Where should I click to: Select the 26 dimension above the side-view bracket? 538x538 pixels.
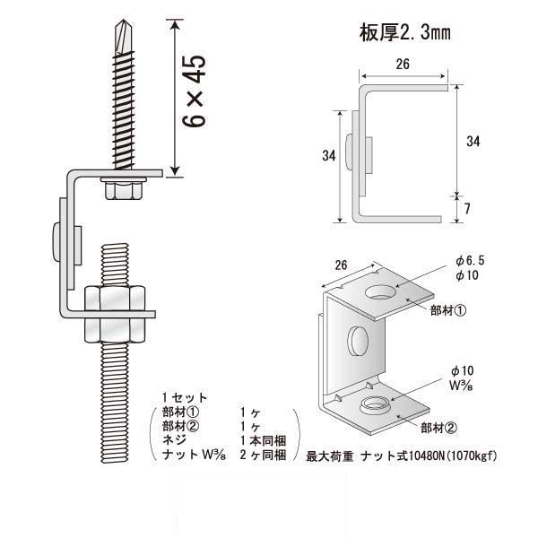pos(402,64)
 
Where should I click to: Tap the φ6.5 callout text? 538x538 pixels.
pos(472,261)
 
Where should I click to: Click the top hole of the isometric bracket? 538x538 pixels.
pos(382,291)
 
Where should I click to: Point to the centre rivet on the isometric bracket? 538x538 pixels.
pos(355,341)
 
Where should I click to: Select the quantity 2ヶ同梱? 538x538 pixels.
pos(263,456)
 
